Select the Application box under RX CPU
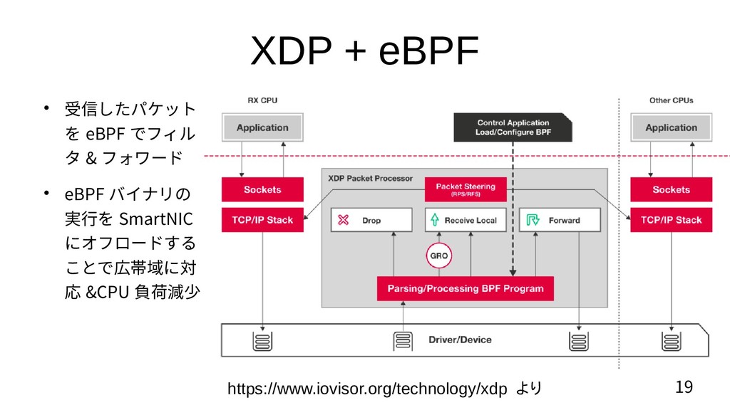pyautogui.click(x=262, y=127)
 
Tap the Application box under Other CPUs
pyautogui.click(x=671, y=127)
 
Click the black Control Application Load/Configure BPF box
pyautogui.click(x=513, y=127)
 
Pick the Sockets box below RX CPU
pyautogui.click(x=262, y=190)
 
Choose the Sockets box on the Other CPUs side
pyautogui.click(x=671, y=190)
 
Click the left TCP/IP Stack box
pyautogui.click(x=262, y=220)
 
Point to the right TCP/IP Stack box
pyautogui.click(x=671, y=220)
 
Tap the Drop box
pyautogui.click(x=371, y=221)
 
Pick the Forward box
pyautogui.click(x=559, y=221)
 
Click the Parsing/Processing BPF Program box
pyautogui.click(x=465, y=288)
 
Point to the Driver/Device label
pyautogui.click(x=460, y=340)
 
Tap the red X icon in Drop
pyautogui.click(x=343, y=221)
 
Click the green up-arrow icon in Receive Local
pyautogui.click(x=434, y=221)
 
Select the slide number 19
pyautogui.click(x=683, y=387)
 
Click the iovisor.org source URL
pyautogui.click(x=367, y=389)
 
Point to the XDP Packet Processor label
pyautogui.click(x=370, y=178)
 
